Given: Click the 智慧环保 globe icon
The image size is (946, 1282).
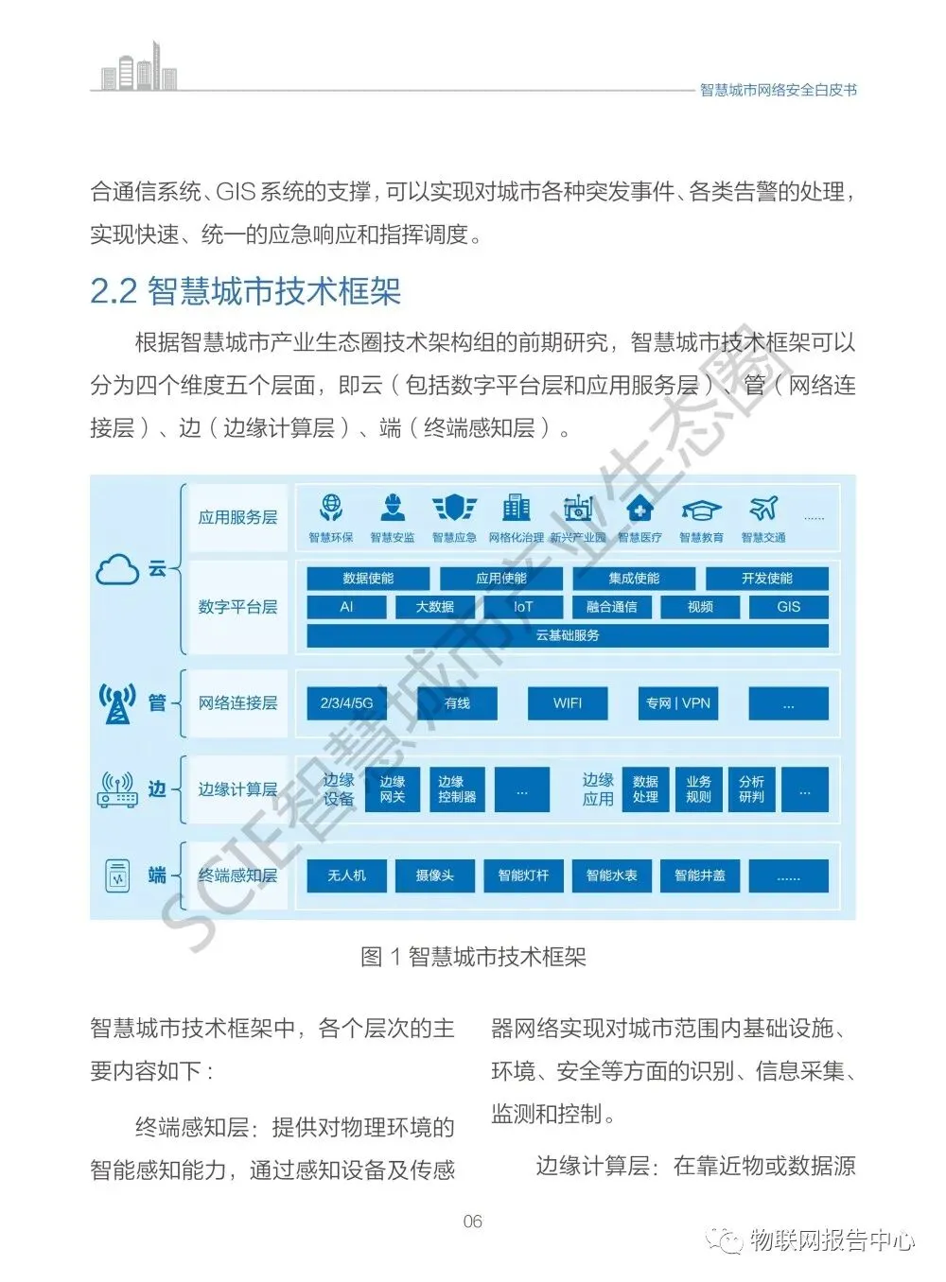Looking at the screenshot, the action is click(x=331, y=509).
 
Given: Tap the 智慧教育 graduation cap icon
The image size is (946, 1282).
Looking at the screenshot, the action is click(x=701, y=510).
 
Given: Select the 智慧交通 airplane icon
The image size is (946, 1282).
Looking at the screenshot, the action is click(x=762, y=509).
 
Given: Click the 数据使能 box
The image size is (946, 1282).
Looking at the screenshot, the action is click(x=368, y=579).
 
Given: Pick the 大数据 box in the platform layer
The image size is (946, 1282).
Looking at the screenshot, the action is click(x=435, y=607).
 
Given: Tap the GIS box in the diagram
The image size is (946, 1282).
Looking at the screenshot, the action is click(x=788, y=607).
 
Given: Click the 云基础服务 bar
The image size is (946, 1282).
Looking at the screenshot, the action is click(x=568, y=635).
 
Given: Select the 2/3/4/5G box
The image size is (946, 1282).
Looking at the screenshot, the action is click(x=347, y=703).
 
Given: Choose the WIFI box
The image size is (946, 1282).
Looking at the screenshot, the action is click(x=568, y=703).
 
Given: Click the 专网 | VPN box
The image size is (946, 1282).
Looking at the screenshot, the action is click(x=677, y=703).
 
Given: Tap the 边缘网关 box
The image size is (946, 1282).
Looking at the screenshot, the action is click(x=393, y=789).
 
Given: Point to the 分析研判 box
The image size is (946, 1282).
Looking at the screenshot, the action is click(x=752, y=789).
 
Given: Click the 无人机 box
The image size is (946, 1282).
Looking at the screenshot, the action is click(x=347, y=875).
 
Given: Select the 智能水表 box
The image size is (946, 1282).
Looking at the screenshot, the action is click(x=612, y=875).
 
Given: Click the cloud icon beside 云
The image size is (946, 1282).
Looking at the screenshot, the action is click(x=118, y=570).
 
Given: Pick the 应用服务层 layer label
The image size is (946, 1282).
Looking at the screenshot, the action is click(x=237, y=518).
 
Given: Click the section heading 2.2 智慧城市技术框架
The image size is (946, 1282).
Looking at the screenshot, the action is click(x=246, y=291).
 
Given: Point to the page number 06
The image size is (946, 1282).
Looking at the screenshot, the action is click(x=472, y=1221).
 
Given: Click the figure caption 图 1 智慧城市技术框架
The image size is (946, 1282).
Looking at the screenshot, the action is click(x=473, y=957).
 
